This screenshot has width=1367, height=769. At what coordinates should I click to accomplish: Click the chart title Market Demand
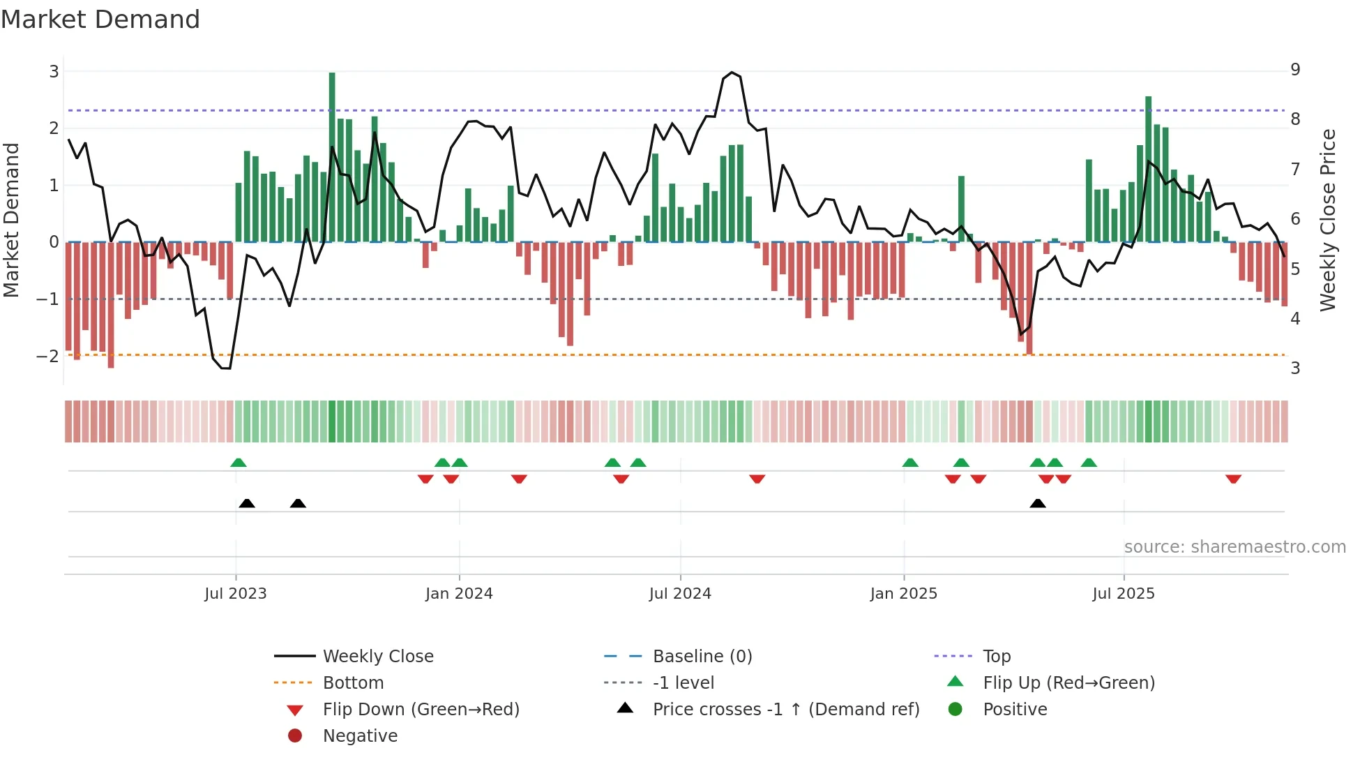100,20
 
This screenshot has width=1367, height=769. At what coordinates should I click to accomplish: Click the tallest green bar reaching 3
332,157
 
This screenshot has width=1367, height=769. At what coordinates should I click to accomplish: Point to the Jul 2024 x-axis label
680,594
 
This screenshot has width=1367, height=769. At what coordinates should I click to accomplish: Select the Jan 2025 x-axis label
904,594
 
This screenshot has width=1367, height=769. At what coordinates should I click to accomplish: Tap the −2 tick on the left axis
48,356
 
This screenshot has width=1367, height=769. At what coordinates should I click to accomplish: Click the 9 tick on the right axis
1295,70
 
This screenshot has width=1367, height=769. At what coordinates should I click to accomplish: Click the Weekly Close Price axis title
1328,220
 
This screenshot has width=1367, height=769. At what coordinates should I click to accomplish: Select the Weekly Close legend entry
378,657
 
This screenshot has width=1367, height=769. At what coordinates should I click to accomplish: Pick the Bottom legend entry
353,683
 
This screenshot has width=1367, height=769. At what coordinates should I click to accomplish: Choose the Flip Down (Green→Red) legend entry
421,710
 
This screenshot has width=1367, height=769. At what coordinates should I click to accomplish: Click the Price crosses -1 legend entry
786,710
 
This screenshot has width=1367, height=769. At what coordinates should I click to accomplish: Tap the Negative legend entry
360,736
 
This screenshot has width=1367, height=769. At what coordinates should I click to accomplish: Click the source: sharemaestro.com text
1234,547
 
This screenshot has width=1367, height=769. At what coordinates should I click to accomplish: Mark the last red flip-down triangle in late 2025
1233,479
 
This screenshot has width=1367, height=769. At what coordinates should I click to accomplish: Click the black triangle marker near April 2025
1038,503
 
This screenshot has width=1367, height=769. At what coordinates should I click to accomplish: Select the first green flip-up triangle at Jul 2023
239,463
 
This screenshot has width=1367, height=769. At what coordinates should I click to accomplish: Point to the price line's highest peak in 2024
732,73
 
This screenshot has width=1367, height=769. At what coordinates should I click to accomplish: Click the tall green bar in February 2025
961,209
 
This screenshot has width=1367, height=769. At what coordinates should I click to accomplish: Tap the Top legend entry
997,657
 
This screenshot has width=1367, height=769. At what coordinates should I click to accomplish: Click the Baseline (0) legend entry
702,657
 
